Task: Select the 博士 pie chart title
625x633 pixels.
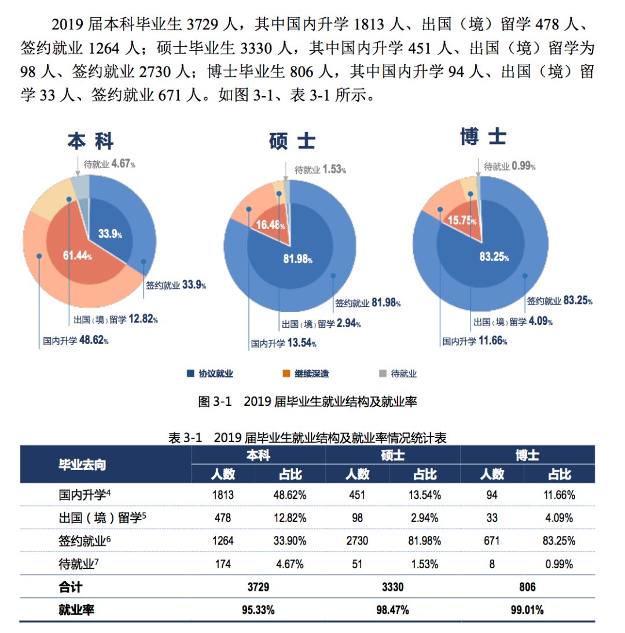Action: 483,137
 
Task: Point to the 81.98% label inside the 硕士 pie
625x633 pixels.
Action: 297,259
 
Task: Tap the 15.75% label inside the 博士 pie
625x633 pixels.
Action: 462,220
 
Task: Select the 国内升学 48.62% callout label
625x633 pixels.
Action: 76,340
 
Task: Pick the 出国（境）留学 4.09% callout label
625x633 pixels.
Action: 513,322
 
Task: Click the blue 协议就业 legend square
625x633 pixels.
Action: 190,374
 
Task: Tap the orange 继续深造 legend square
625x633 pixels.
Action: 286,374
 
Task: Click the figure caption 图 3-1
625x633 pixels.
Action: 307,402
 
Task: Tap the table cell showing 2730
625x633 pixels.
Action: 357,541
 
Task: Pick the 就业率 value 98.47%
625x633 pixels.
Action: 392,610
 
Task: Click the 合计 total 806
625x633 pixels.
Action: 527,587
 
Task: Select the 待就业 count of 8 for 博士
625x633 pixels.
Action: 492,564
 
